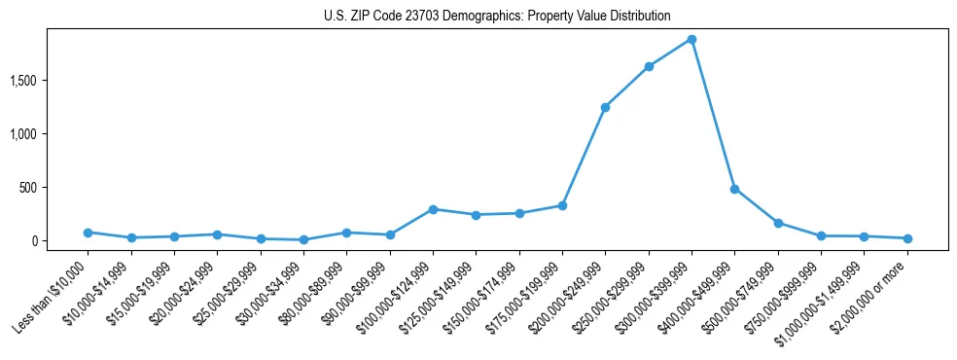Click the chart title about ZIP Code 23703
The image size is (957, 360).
point(497,16)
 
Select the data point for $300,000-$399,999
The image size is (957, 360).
point(691,39)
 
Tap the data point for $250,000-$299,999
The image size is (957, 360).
point(649,66)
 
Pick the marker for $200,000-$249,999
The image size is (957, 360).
point(605,107)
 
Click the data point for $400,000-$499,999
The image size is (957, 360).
point(734,189)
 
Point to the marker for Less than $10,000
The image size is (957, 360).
point(88,233)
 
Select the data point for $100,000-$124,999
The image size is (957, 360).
point(433,209)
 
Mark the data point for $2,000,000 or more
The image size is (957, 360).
point(906,238)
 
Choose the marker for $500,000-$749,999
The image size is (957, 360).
point(778,223)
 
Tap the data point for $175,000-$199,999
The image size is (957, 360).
point(562,205)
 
